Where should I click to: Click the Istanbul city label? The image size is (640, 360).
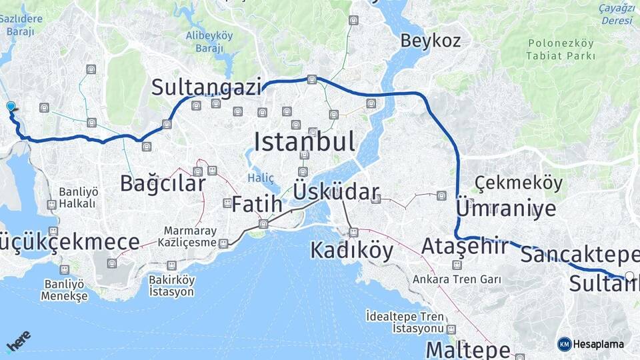click(304, 141)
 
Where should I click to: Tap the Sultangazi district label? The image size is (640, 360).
click(206, 87)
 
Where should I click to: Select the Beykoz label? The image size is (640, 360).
click(430, 41)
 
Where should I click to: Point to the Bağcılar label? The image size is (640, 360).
click(163, 183)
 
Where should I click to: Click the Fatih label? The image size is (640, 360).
click(257, 204)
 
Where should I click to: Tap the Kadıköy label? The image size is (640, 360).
click(351, 251)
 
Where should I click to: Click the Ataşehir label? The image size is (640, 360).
click(464, 247)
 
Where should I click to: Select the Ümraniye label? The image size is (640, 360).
click(506, 208)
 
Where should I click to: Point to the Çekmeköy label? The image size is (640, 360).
click(519, 183)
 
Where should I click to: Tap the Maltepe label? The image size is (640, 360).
click(468, 349)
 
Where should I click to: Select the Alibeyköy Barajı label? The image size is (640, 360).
click(209, 41)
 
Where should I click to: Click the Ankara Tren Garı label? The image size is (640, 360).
click(457, 279)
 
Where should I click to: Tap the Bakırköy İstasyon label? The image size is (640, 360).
click(171, 286)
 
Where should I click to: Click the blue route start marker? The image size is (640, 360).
click(11, 107)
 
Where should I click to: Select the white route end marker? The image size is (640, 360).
click(629, 275)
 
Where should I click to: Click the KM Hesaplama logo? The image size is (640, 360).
click(591, 344)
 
